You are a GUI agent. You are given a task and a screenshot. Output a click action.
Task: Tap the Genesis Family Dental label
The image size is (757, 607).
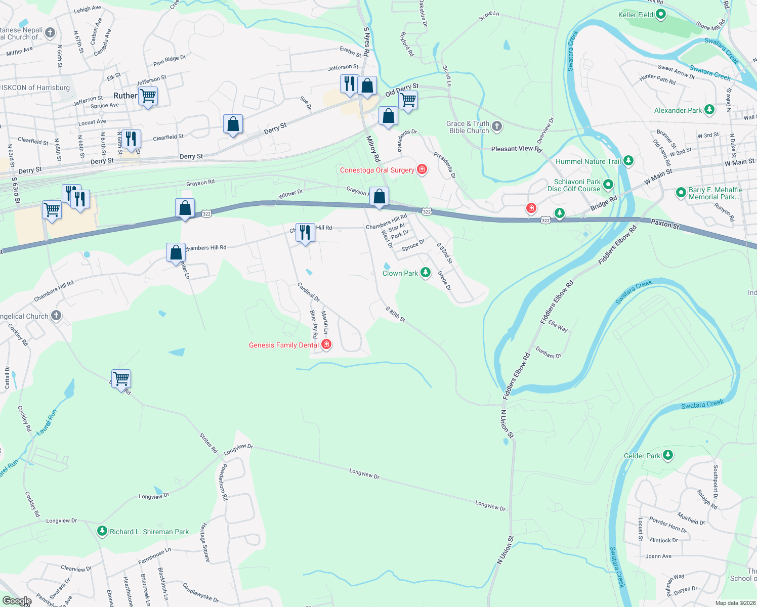(284, 345)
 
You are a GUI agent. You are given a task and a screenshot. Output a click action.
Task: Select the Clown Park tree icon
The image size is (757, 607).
(426, 273)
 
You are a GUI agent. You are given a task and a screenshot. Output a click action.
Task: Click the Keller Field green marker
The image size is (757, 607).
(660, 15)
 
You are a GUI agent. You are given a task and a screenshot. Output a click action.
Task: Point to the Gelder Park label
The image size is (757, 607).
(642, 456)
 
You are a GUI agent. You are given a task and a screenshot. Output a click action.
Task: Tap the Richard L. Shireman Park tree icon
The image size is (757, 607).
(102, 531)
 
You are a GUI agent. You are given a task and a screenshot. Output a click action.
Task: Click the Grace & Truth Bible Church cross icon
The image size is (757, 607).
(497, 126)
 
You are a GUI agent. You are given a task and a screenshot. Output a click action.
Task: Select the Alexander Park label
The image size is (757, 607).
(678, 110)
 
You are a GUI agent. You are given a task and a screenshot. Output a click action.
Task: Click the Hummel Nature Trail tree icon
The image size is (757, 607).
(628, 161)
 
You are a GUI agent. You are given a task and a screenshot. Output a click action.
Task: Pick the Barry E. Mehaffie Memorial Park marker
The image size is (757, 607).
(681, 192)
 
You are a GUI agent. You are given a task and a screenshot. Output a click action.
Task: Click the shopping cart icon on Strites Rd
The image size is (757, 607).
(121, 378)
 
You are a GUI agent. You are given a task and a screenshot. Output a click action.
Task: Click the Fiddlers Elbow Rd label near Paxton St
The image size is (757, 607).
(617, 245)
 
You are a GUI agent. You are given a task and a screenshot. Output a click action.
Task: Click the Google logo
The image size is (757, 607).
(17, 601)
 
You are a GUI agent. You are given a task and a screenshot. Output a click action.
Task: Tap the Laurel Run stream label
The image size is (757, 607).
(47, 422)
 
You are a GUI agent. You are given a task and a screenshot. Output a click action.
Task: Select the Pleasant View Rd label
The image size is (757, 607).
(516, 149)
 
